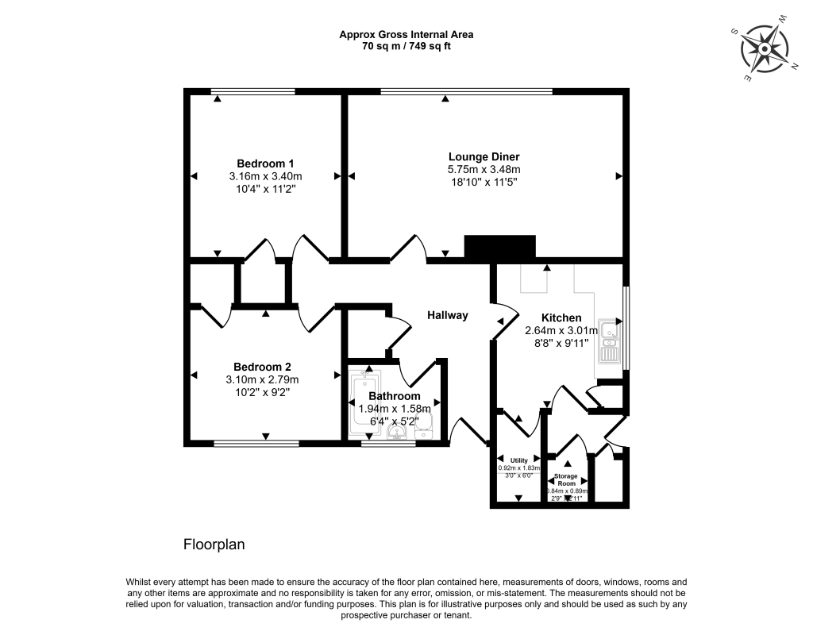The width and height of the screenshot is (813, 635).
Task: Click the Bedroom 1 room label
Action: click(x=264, y=164)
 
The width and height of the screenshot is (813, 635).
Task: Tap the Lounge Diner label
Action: click(x=484, y=156)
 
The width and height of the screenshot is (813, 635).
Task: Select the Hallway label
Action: click(x=448, y=315)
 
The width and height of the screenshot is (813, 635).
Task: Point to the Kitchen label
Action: click(x=561, y=317)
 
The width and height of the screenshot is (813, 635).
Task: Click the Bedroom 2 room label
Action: click(x=262, y=367)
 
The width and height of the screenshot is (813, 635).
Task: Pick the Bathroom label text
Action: click(x=394, y=396)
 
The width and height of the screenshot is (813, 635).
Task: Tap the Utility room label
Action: click(x=518, y=460)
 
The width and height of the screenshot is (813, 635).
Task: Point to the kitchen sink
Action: click(x=610, y=341)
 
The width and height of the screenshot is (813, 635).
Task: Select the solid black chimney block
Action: click(x=499, y=247)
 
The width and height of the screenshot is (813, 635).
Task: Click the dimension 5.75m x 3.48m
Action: click(x=484, y=169)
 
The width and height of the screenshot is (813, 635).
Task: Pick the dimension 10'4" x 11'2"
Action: click(x=264, y=189)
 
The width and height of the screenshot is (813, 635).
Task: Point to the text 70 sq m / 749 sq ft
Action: click(x=406, y=46)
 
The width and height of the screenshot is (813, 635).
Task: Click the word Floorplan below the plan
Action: click(x=214, y=545)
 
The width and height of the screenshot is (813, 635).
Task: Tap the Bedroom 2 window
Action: click(x=256, y=444)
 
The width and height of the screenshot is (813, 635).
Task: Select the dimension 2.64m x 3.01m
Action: click(x=561, y=331)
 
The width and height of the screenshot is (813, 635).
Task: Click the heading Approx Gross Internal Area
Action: click(x=406, y=34)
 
